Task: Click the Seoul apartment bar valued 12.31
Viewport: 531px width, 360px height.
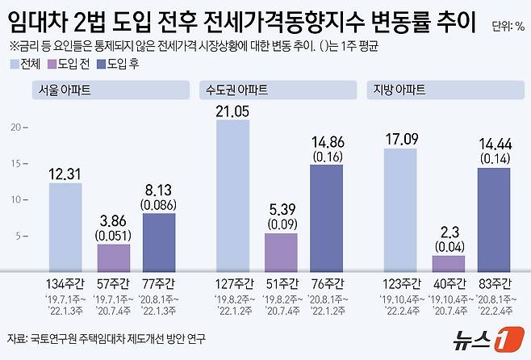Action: click(x=65, y=228)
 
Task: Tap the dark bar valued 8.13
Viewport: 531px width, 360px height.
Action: click(x=159, y=242)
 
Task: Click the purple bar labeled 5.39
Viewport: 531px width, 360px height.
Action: click(x=280, y=253)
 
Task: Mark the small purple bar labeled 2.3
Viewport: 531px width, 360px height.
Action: click(x=448, y=264)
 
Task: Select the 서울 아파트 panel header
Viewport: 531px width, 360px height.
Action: click(x=61, y=89)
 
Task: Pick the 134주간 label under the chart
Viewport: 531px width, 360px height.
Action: click(x=65, y=283)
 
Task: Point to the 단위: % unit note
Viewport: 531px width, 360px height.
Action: click(x=508, y=27)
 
